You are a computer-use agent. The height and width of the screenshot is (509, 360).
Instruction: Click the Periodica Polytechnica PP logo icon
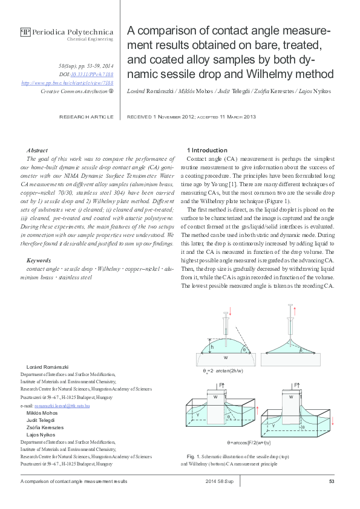25,31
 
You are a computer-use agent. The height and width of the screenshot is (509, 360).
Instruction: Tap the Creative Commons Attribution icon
111,91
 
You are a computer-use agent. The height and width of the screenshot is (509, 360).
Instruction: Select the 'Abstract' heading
38,149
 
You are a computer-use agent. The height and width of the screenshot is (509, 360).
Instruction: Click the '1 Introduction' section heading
208,149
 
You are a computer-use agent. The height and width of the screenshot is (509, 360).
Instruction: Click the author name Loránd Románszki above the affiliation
48,367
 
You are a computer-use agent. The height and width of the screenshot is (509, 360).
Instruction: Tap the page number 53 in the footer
332,481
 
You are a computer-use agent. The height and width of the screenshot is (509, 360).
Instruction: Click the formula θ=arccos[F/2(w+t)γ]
252,443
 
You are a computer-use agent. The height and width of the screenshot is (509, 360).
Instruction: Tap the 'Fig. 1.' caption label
194,455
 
